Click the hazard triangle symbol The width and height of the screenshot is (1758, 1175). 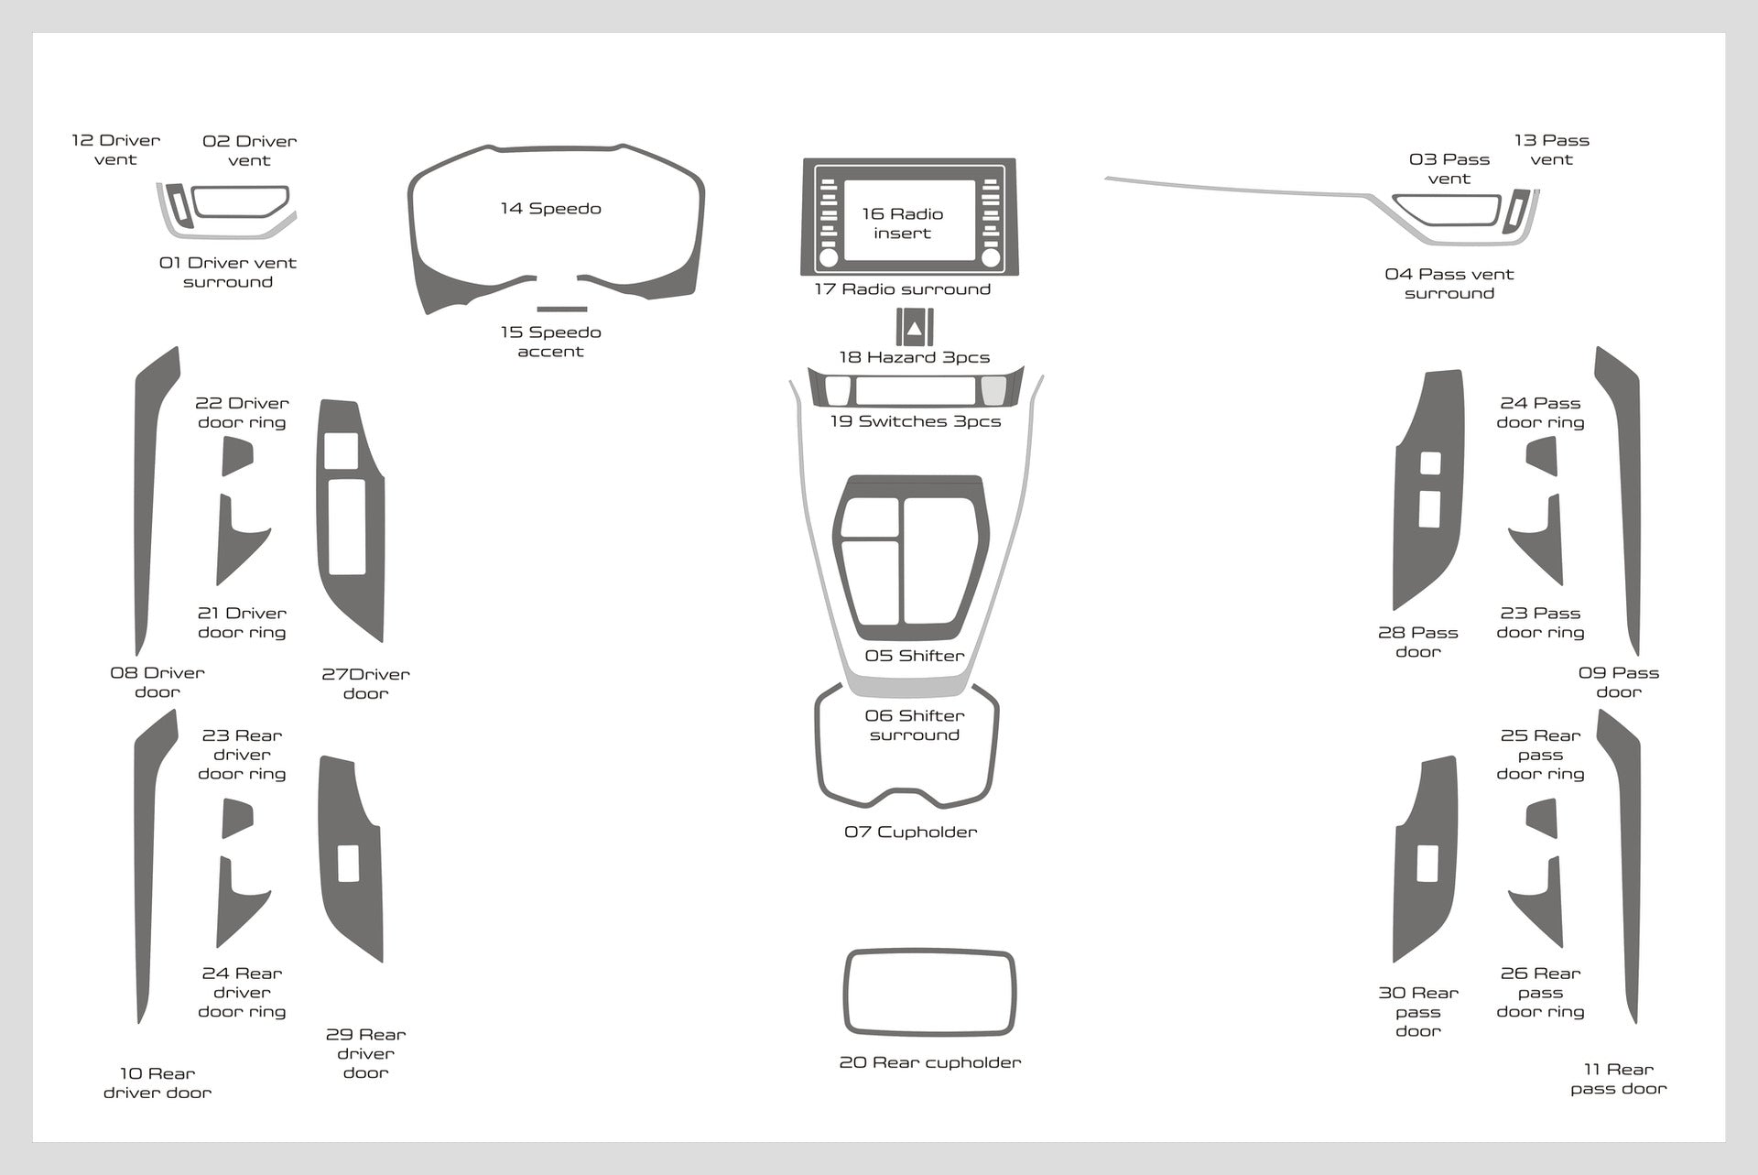click(x=915, y=327)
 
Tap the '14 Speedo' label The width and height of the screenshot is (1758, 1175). click(x=550, y=209)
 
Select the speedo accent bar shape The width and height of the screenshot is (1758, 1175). click(x=562, y=309)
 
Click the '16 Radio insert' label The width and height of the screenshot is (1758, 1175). click(x=902, y=223)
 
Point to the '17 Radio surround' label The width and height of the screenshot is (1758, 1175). click(x=903, y=289)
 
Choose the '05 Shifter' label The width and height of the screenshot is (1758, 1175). click(x=915, y=656)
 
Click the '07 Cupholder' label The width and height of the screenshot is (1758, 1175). click(x=911, y=832)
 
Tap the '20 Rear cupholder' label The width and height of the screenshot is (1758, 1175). click(x=930, y=1062)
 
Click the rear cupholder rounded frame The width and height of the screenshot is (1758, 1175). click(x=929, y=953)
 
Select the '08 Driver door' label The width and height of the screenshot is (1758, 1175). click(x=157, y=682)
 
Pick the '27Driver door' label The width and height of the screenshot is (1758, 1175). click(x=365, y=684)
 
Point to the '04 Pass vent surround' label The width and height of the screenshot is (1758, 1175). click(x=1449, y=284)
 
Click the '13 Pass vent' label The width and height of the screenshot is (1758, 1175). click(x=1552, y=150)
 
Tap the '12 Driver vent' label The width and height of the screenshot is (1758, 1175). click(x=116, y=150)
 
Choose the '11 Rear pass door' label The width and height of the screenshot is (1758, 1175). click(x=1619, y=1079)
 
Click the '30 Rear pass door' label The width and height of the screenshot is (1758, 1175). click(x=1418, y=1012)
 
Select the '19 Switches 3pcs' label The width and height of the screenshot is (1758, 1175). click(x=916, y=421)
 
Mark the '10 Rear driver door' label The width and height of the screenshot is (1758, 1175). click(x=157, y=1083)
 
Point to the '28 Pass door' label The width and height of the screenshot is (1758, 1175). click(x=1418, y=642)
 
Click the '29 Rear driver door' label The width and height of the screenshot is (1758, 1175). click(x=365, y=1053)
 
